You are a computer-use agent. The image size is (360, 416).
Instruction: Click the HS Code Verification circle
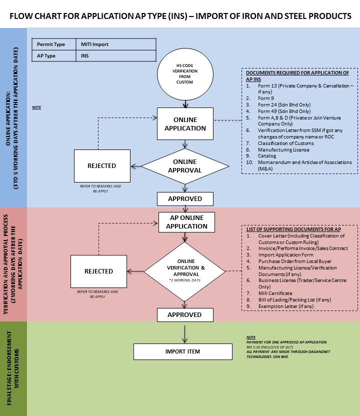185,74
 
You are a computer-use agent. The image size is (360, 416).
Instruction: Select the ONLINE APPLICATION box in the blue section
185,123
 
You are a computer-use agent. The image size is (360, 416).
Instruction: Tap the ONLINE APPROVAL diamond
185,166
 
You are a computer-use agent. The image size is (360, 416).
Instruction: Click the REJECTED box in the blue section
102,166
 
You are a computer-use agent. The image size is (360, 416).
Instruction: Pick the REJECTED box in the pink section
98,271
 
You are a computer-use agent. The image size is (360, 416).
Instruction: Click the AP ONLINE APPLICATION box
187,222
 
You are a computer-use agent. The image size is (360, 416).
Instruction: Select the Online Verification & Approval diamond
184,271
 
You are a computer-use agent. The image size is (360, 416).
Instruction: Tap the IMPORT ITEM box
183,351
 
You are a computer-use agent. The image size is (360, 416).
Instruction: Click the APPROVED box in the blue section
185,198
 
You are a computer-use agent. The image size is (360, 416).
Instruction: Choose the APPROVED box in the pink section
185,315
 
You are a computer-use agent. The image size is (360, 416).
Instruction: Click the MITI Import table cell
116,44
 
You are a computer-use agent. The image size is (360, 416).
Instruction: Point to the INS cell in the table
116,55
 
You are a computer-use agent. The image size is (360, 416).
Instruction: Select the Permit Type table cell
54,44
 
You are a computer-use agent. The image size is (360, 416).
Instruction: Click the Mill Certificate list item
275,293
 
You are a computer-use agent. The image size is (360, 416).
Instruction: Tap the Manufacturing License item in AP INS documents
283,149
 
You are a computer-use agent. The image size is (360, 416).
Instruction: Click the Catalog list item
267,156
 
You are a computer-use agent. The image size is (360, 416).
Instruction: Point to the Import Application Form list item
285,254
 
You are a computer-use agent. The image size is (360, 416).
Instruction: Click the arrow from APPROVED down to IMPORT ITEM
184,334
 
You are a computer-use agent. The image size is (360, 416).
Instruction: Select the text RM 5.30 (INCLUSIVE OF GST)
270,347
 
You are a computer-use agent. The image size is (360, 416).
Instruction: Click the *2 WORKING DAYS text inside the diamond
185,280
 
